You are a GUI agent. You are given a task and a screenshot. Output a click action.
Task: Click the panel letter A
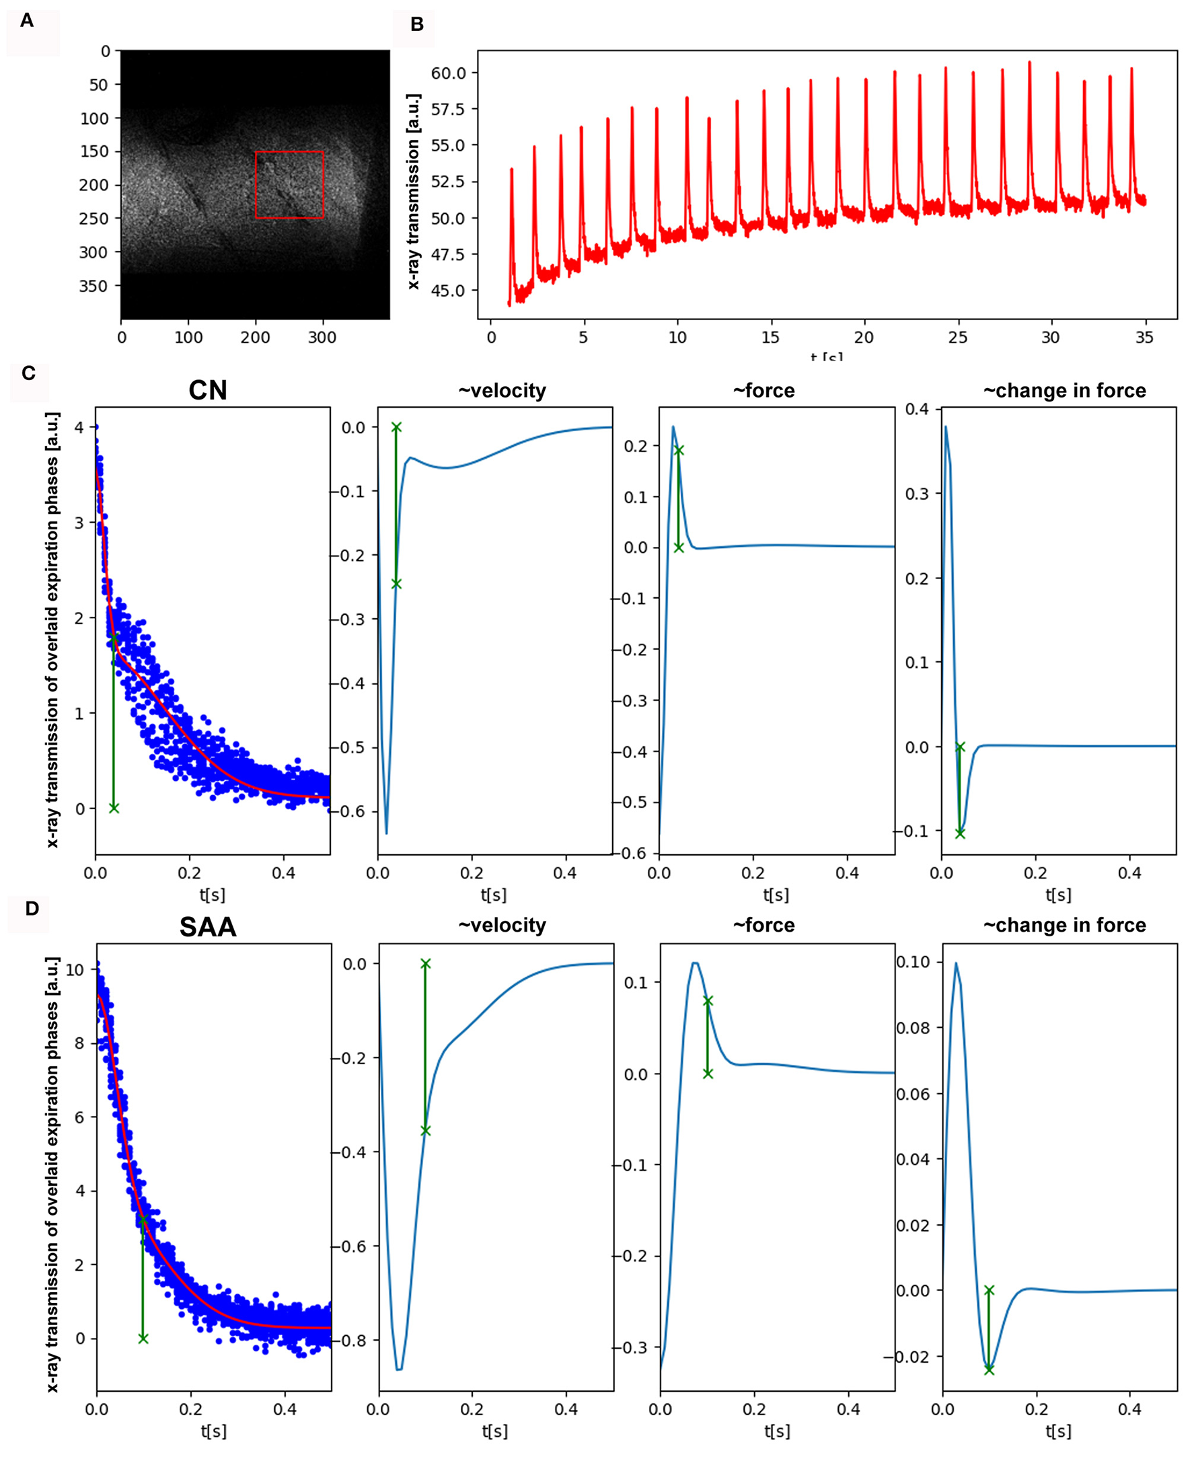27,21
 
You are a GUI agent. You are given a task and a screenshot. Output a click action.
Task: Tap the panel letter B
417,25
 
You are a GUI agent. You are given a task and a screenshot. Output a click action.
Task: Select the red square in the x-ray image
289,185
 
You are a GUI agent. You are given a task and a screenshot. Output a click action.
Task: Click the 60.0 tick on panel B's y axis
449,73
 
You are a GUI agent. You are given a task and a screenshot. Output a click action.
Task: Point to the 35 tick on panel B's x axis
1144,337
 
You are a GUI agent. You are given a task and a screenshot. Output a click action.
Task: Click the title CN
207,390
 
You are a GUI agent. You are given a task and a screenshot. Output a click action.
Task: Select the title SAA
207,927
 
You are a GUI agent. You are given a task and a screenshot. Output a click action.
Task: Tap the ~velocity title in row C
502,391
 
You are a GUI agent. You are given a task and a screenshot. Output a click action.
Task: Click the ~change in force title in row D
1064,926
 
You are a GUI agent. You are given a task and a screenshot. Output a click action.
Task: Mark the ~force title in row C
763,391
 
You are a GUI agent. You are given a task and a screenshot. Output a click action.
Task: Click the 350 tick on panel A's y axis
94,286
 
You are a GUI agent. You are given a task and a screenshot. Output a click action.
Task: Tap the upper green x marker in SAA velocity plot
426,964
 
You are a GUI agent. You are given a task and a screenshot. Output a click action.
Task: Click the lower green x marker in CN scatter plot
114,808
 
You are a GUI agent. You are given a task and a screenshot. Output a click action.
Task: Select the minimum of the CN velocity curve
387,833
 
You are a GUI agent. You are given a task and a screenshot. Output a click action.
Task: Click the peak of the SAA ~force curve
696,963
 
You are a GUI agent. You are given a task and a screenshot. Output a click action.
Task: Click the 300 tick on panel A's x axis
322,337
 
